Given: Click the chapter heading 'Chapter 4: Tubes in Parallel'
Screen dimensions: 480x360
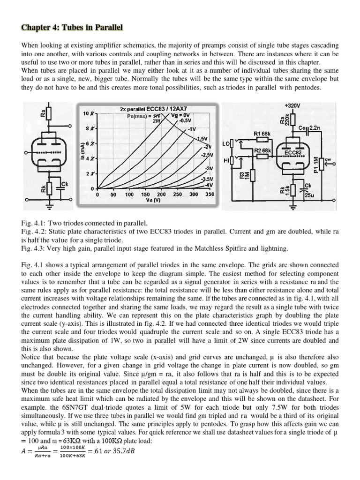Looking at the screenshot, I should tap(72, 28).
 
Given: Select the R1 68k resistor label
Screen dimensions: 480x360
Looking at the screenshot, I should tap(263, 134).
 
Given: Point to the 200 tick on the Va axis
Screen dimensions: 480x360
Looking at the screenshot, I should tap(161, 194).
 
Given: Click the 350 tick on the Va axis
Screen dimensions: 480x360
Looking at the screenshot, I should tap(210, 194).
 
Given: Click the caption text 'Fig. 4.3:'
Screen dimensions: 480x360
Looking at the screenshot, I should tap(32, 247).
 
